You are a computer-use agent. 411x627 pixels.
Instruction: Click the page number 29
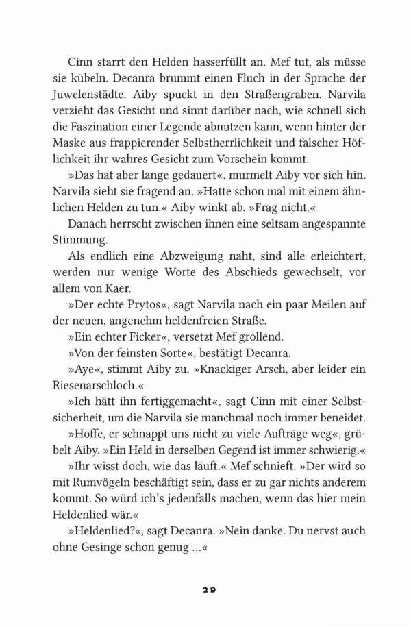coord(206,591)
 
